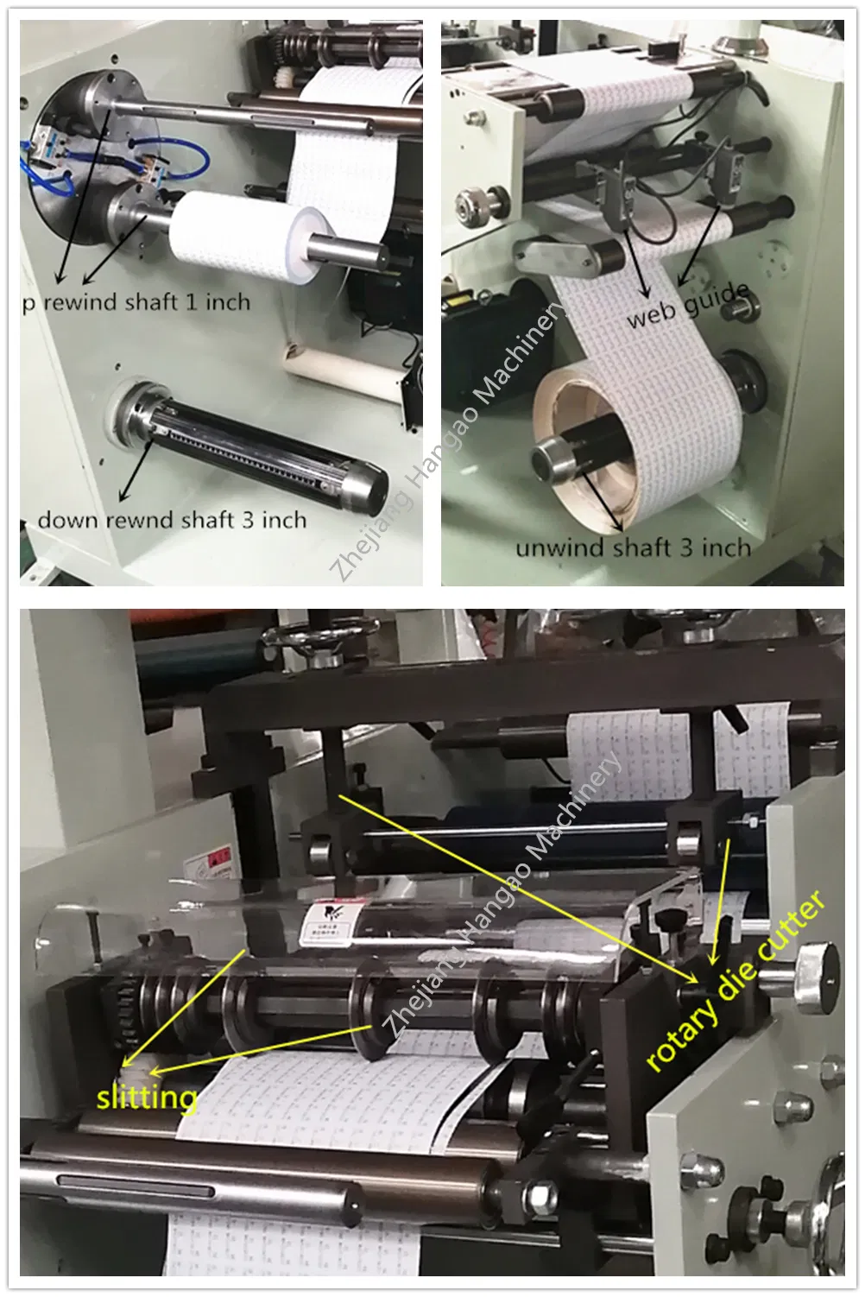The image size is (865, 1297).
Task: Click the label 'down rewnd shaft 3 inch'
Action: pos(172,520)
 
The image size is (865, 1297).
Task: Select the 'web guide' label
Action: pos(688,305)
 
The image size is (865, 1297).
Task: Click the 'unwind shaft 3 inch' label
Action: pos(633,547)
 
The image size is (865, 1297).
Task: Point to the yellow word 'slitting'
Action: pos(147,1098)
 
